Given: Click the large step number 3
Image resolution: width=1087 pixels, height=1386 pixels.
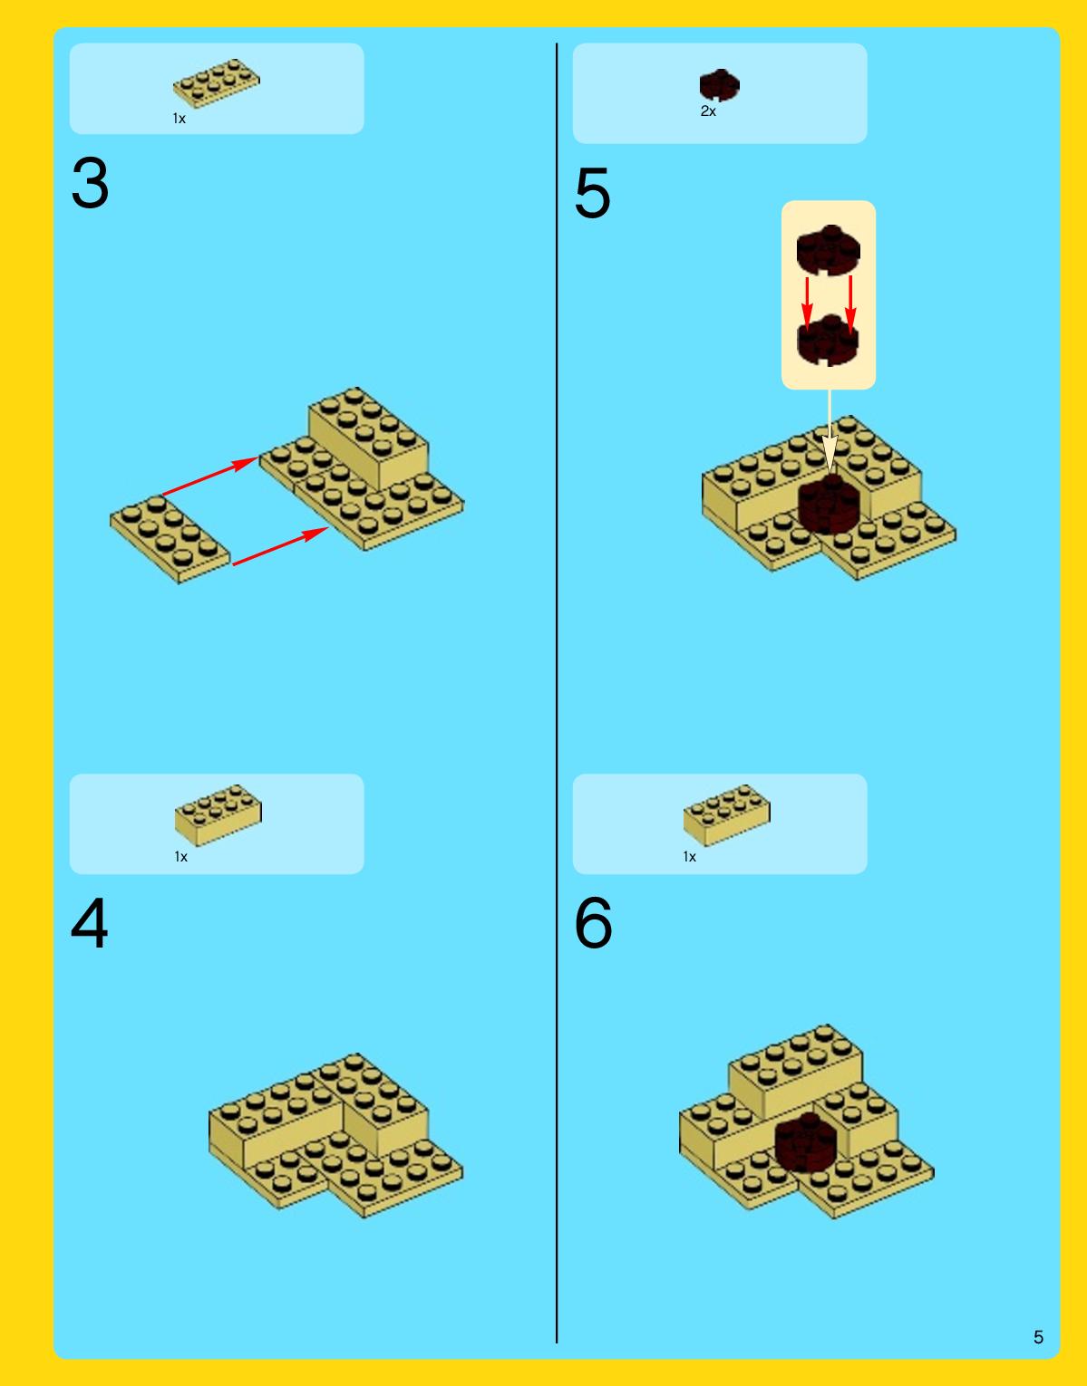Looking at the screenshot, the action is click(90, 183).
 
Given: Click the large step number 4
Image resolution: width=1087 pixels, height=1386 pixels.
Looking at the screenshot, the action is click(90, 922).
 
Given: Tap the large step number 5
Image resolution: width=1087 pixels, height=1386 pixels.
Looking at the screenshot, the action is click(592, 193).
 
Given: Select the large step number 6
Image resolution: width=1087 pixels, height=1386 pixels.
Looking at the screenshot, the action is click(593, 922).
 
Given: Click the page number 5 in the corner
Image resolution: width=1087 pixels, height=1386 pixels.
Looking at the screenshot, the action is click(1038, 1337).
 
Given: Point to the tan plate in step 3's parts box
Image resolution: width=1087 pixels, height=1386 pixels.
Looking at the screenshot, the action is click(217, 83).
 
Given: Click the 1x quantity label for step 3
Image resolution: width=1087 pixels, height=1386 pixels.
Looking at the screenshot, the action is click(180, 119).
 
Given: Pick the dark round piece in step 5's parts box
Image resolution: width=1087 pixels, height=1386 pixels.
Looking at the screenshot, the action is click(719, 85).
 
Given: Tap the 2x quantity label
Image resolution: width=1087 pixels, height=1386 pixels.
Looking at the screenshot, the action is click(708, 111).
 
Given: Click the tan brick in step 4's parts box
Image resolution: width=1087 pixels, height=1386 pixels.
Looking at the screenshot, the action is click(218, 815).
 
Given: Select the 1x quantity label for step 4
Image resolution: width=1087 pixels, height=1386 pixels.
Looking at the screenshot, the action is click(180, 857).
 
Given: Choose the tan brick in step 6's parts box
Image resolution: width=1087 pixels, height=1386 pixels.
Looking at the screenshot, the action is click(726, 815).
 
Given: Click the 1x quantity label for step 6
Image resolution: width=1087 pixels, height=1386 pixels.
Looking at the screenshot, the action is click(689, 857).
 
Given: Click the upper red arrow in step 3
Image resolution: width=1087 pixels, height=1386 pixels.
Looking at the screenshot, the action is click(210, 476).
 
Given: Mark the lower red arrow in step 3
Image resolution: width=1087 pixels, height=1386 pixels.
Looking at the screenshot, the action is click(281, 546).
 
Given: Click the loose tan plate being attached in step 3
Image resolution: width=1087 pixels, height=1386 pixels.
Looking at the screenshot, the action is click(170, 539).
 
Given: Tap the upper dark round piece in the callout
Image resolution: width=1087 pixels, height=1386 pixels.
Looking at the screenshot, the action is click(828, 250).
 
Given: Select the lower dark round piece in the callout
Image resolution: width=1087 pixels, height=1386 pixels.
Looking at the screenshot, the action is click(828, 340).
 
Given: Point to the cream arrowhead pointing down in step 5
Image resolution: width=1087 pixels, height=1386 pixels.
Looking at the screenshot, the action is click(830, 454).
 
